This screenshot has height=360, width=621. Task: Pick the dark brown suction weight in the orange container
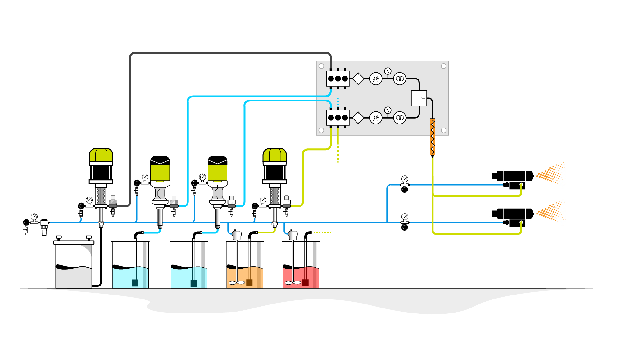click(x=249, y=283)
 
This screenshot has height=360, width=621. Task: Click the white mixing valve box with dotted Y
click(x=419, y=98)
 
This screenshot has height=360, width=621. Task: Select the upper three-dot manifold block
click(x=338, y=79)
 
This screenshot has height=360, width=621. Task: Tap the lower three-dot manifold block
click(x=338, y=118)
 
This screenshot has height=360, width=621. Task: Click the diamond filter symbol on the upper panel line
click(x=358, y=79)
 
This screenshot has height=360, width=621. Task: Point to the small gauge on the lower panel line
click(x=388, y=110)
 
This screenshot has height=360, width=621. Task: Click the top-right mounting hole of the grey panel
click(x=444, y=66)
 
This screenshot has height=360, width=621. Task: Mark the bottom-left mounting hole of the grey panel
click(x=321, y=130)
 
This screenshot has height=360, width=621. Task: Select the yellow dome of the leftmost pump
click(x=101, y=155)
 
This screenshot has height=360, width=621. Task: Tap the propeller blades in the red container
click(x=293, y=283)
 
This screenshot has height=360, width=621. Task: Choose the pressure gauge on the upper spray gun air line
click(x=405, y=179)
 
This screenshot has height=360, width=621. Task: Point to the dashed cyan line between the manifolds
click(x=338, y=102)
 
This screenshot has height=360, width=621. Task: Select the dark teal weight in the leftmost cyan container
click(x=135, y=283)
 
